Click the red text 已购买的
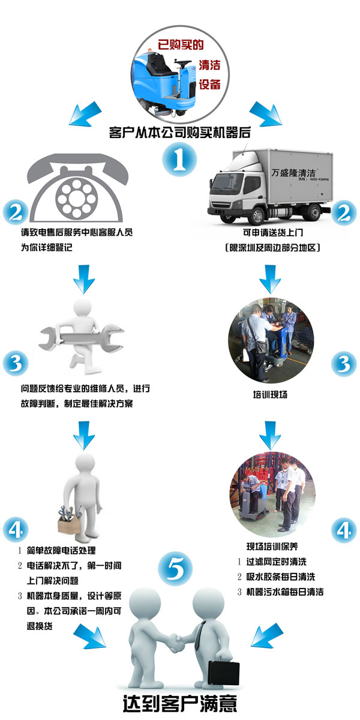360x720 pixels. pyautogui.click(x=181, y=45)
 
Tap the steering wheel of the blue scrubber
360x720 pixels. pyautogui.click(x=182, y=61)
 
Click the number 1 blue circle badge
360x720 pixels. pyautogui.click(x=179, y=160)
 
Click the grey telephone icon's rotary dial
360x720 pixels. pyautogui.click(x=76, y=197)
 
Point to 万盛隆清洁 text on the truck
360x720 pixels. pyautogui.click(x=293, y=173)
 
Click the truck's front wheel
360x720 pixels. pyautogui.click(x=259, y=215)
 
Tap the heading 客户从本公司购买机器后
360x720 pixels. pyautogui.click(x=179, y=133)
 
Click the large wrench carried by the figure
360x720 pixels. pyautogui.click(x=82, y=338)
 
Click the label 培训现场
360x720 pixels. pyautogui.click(x=270, y=394)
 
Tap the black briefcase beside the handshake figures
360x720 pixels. pyautogui.click(x=224, y=671)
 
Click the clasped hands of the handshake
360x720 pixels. pyautogui.click(x=176, y=643)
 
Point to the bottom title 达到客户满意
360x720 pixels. pyautogui.click(x=180, y=703)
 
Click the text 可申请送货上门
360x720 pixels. pyautogui.click(x=273, y=232)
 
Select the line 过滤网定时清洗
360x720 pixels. pyautogui.click(x=277, y=562)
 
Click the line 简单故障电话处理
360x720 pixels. pyautogui.click(x=61, y=550)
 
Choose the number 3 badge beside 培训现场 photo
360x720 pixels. pyautogui.click(x=344, y=364)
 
